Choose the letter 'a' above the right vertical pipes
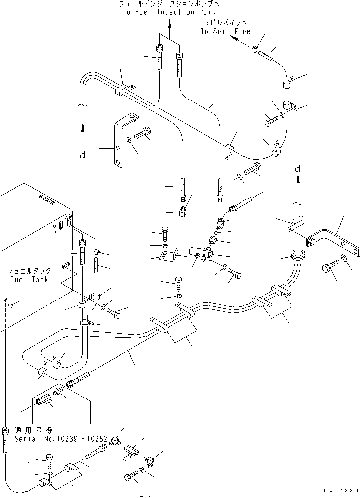(298, 169)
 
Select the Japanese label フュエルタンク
(28, 272)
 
